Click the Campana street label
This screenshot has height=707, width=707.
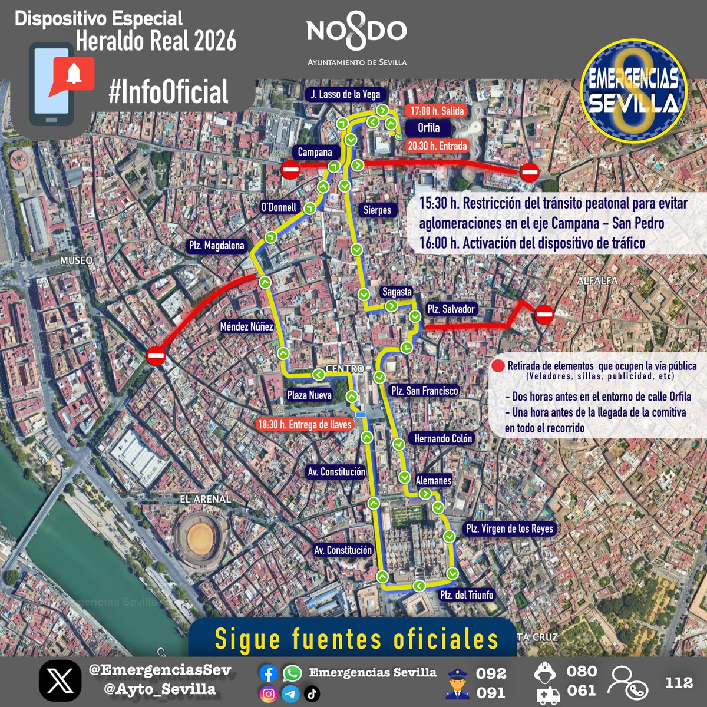pyautogui.click(x=315, y=152)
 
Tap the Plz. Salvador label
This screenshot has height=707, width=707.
pyautogui.click(x=451, y=309)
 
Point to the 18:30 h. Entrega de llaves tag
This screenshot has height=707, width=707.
pyautogui.click(x=305, y=424)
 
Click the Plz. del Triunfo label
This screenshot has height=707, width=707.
pyautogui.click(x=467, y=595)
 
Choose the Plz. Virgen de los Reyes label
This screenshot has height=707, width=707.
pyautogui.click(x=510, y=528)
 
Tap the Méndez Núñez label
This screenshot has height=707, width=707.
pyautogui.click(x=246, y=326)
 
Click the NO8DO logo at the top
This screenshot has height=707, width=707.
pyautogui.click(x=356, y=35)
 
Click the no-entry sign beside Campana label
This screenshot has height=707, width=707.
pyautogui.click(x=290, y=170)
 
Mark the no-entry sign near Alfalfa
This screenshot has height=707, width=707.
pyautogui.click(x=544, y=315)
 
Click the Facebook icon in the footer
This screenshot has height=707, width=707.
pyautogui.click(x=269, y=673)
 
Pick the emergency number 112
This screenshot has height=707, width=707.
pyautogui.click(x=679, y=682)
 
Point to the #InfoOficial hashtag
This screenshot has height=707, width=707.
pyautogui.click(x=169, y=92)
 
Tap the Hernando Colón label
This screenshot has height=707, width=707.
pyautogui.click(x=443, y=438)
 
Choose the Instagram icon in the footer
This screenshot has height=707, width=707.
pyautogui.click(x=269, y=694)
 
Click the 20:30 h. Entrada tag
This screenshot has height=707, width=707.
pyautogui.click(x=437, y=146)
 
